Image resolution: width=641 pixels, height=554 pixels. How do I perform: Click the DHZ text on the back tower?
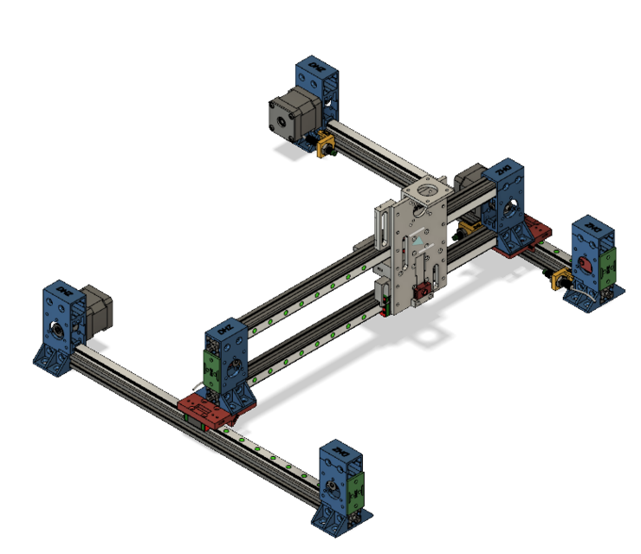point(310,68)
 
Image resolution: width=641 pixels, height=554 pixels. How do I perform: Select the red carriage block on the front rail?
point(207,407)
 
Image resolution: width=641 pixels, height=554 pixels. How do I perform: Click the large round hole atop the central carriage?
point(428,188)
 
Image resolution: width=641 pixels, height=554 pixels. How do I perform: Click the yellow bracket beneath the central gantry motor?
point(469,227)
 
